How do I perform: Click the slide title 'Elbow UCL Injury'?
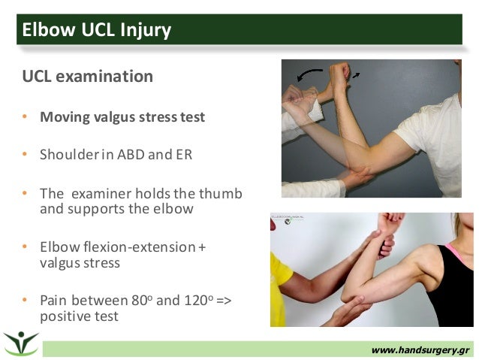97,30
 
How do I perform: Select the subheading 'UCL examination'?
89,77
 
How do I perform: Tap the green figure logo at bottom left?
20,342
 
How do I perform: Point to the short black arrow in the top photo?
355,75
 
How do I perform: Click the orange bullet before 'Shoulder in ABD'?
24,156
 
